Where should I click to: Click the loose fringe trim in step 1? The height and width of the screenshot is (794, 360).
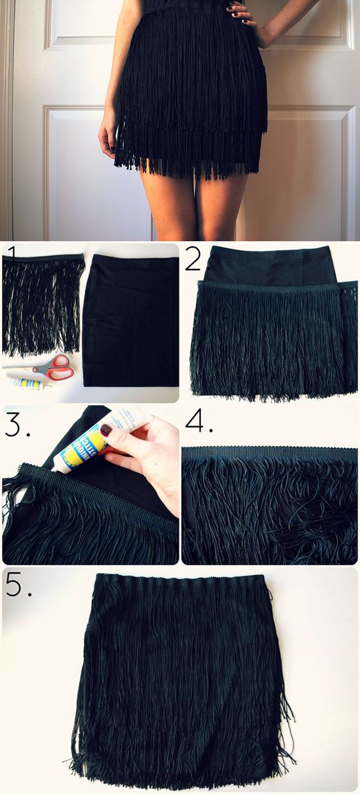(x=42, y=306)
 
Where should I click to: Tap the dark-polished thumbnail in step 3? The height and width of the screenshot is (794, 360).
(x=106, y=431)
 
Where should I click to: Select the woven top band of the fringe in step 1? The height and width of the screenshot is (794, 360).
(x=43, y=258)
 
